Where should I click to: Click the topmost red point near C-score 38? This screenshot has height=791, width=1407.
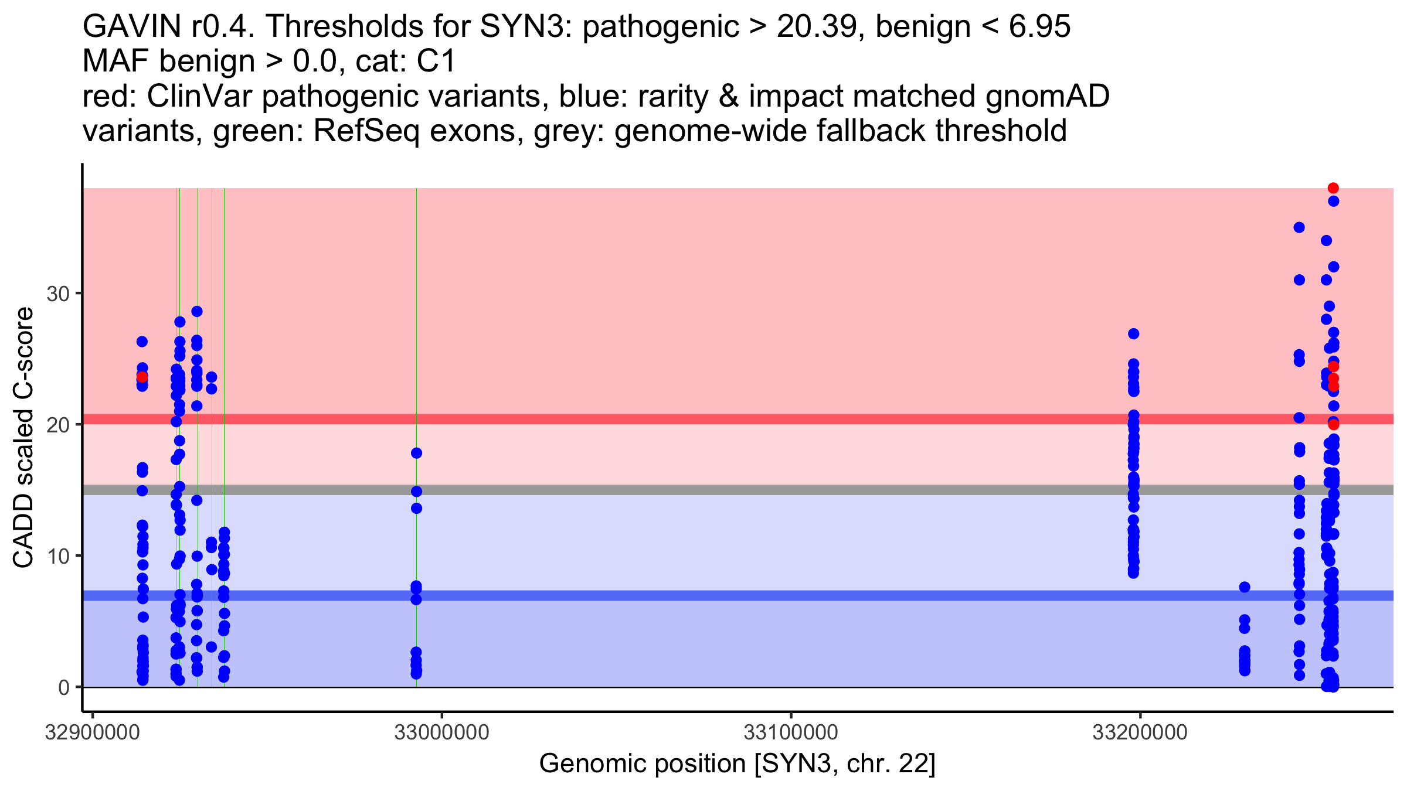(x=1333, y=188)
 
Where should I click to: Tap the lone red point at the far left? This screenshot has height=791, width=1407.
(x=142, y=377)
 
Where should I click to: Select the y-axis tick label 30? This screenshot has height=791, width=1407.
(x=58, y=294)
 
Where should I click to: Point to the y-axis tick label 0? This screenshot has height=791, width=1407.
(x=64, y=687)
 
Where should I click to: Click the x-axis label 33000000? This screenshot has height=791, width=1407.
(x=441, y=732)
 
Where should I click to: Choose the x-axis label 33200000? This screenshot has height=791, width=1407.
(x=1140, y=732)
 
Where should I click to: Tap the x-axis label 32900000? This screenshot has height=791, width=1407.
(x=93, y=732)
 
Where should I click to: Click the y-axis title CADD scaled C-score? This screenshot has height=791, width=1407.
(x=24, y=438)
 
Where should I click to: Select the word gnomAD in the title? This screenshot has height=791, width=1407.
(x=1047, y=96)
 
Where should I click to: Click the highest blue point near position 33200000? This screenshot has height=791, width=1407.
(x=1133, y=334)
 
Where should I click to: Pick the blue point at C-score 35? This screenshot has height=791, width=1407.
(x=1299, y=227)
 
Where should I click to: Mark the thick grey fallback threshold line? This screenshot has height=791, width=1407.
(x=704, y=490)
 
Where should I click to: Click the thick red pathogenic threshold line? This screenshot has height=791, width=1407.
(x=704, y=419)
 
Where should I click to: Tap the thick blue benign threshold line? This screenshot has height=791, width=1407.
(x=704, y=595)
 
